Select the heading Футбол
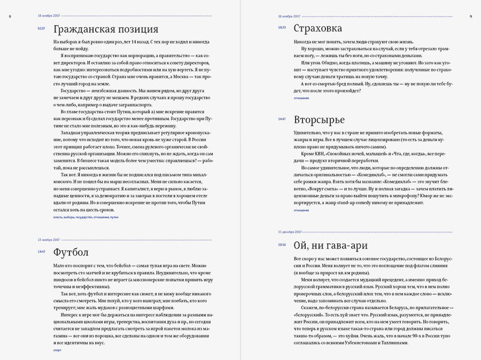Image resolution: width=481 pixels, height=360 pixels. pos(71,252)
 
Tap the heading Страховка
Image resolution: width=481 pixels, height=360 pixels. pos(318,29)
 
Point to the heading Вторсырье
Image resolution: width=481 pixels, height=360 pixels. pos(319,120)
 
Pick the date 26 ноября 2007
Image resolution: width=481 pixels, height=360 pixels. pos(289,17)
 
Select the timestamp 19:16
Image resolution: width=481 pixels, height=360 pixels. pos(282,245)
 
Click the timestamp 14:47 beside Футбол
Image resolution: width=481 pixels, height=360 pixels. pos(41,251)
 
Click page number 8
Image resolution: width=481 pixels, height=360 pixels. pos(10,17)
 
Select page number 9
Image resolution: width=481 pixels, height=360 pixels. pos(470,17)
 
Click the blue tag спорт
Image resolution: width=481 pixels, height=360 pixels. pos(58,350)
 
